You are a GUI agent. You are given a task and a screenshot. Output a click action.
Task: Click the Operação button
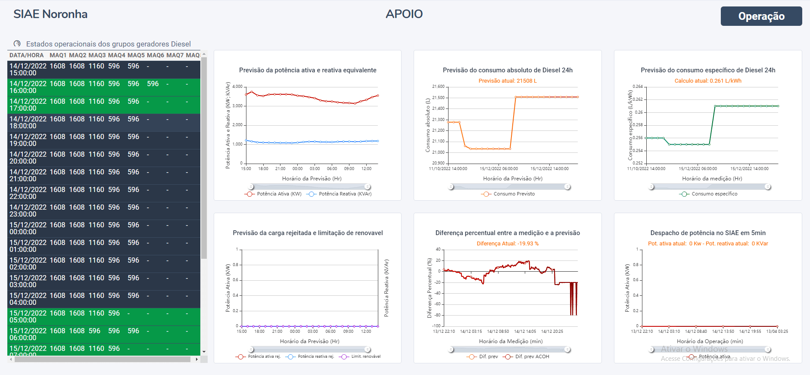click(761, 16)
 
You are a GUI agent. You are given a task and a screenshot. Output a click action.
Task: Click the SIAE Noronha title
click(50, 14)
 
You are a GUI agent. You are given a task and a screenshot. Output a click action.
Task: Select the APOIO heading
click(404, 14)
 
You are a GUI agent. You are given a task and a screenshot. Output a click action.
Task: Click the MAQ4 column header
click(116, 55)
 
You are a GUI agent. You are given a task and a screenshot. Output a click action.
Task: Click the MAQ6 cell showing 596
click(153, 84)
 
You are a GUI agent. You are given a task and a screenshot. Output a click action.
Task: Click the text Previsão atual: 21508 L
click(508, 81)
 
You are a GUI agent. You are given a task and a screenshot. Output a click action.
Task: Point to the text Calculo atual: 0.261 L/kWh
click(707, 81)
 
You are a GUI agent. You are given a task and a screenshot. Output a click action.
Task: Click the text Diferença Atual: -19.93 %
click(508, 244)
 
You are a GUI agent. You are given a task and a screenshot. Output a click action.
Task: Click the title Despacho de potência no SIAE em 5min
click(707, 233)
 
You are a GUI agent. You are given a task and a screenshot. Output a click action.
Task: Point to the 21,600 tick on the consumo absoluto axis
click(438, 87)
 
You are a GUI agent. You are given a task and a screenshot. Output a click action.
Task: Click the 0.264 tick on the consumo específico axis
click(637, 87)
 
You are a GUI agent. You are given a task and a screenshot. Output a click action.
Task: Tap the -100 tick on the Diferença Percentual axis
click(437, 326)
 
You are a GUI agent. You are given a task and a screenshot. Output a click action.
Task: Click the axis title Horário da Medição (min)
click(511, 341)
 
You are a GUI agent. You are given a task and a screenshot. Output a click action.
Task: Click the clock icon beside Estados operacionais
click(17, 43)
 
